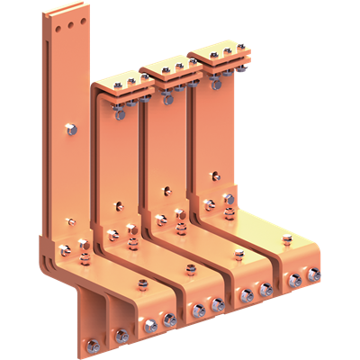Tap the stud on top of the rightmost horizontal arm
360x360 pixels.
click(286, 240)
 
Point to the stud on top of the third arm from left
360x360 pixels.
click(239, 255)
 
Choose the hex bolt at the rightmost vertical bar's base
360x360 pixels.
click(229, 198)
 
